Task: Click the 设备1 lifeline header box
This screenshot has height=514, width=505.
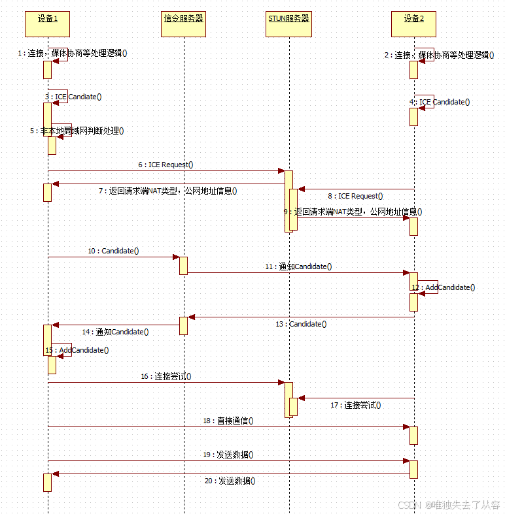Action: [x=48, y=24]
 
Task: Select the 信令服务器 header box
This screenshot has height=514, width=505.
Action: [x=184, y=24]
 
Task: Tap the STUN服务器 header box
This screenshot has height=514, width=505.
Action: [x=288, y=24]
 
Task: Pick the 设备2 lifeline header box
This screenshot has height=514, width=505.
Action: [x=414, y=24]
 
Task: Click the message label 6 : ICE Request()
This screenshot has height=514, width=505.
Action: [x=165, y=165]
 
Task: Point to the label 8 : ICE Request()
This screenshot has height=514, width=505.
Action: [x=355, y=195]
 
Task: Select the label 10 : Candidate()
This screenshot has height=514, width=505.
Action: [x=113, y=251]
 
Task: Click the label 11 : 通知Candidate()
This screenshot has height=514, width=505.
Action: [x=298, y=266]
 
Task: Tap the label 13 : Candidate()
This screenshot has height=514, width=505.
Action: [x=301, y=324]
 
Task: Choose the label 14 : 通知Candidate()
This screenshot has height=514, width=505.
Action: [x=115, y=332]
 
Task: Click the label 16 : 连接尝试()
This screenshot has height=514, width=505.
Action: [x=165, y=377]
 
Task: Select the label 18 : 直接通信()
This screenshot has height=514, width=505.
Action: [x=228, y=421]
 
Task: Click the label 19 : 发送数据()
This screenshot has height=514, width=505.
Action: [x=228, y=455]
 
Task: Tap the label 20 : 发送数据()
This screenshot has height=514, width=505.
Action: [x=230, y=481]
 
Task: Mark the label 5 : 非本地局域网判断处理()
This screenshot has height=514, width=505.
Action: [x=77, y=131]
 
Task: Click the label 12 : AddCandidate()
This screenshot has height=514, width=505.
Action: [x=443, y=287]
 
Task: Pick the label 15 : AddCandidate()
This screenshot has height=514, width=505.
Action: [x=77, y=350]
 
